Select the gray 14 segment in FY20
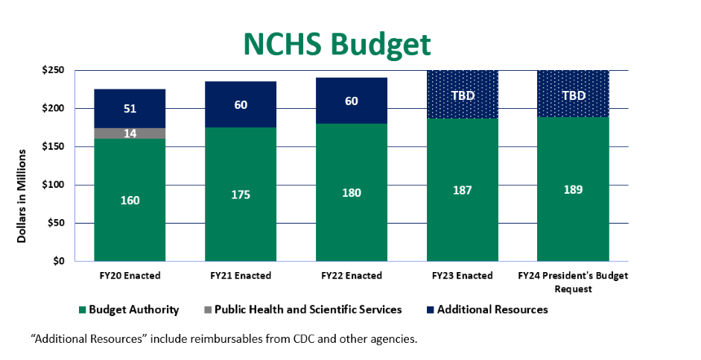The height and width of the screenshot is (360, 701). click(130, 133)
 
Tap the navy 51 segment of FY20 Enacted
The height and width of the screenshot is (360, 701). click(130, 109)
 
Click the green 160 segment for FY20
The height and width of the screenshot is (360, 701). click(130, 200)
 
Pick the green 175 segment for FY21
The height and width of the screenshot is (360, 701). click(241, 195)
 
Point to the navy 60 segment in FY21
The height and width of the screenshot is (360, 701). click(241, 105)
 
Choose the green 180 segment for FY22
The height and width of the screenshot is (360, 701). click(352, 192)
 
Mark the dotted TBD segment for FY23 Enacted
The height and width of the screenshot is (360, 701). click(462, 95)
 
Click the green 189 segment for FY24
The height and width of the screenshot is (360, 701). click(573, 189)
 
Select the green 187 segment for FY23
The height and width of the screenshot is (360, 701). click(462, 190)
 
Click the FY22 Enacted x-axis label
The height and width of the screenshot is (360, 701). click(352, 276)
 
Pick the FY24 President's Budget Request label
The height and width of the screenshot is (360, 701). click(573, 282)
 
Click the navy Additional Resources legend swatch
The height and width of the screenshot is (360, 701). click(430, 309)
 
